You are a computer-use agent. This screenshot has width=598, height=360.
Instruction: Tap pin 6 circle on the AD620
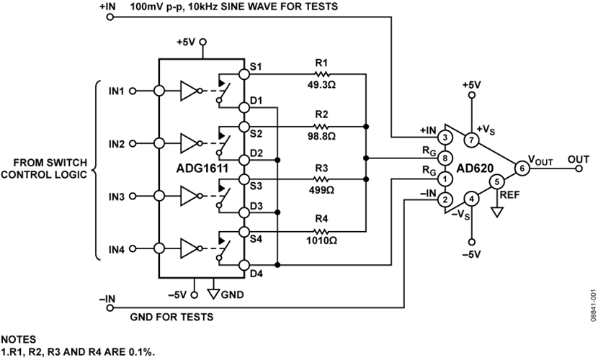[522, 167]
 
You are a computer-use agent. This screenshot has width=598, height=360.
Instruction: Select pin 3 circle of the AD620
[447, 137]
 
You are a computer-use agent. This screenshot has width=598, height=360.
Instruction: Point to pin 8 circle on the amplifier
[447, 158]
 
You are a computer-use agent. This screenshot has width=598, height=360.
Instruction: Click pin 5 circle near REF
[496, 182]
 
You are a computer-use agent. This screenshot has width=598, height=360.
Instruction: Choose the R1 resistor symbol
[322, 73]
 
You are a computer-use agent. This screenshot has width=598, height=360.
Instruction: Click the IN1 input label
[117, 91]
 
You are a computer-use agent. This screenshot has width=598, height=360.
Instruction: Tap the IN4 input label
[117, 250]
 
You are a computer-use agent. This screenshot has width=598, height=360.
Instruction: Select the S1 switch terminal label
[255, 66]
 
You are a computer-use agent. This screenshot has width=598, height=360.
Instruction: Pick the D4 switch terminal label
[256, 274]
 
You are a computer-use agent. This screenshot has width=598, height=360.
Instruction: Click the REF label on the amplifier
[508, 194]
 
